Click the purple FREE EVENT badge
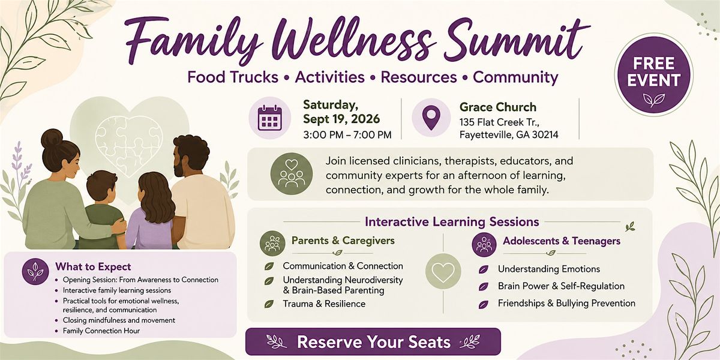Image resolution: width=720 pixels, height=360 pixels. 654,75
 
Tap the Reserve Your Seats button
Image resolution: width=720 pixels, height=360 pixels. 373,341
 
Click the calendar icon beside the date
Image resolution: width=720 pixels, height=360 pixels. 270,118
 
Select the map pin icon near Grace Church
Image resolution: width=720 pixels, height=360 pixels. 431,118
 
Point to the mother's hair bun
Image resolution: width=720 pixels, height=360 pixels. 52,138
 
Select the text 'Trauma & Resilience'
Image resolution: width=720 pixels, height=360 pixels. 324,304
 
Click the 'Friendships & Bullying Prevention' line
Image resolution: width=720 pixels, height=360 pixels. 566,303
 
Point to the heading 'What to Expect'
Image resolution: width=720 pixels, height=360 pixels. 93,266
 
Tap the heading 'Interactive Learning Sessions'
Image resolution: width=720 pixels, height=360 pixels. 452,222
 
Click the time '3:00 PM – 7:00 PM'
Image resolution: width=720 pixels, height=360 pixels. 347,134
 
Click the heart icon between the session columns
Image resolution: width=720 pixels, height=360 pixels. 443,271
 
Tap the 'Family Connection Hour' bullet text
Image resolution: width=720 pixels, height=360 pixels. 101,331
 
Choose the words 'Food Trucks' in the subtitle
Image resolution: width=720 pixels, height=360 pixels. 233,77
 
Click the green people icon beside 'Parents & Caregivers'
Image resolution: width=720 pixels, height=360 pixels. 272,243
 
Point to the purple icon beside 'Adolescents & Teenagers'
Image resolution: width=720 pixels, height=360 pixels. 484,245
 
